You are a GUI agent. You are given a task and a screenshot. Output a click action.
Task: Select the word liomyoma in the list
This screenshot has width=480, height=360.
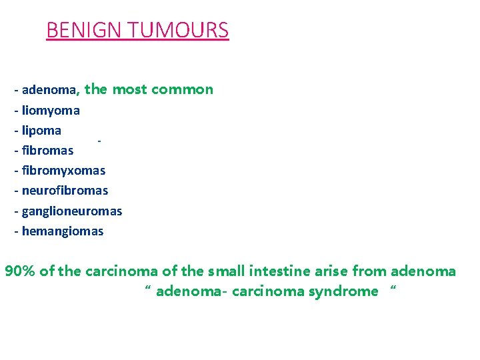[x=51, y=110]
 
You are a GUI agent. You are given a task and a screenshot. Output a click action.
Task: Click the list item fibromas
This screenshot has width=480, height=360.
[x=47, y=150]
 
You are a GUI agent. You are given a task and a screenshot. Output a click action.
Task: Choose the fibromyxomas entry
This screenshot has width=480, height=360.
[x=63, y=170]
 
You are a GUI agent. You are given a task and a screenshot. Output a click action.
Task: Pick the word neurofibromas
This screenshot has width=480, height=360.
[x=65, y=191]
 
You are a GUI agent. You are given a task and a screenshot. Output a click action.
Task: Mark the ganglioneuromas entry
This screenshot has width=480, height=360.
[x=72, y=211]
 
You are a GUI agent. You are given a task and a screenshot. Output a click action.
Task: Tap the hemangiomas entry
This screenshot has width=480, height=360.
[x=63, y=231]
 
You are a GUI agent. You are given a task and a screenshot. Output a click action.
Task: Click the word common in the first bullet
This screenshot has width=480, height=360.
[x=182, y=89]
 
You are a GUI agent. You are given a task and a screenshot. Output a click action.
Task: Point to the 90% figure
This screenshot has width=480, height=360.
[x=20, y=271]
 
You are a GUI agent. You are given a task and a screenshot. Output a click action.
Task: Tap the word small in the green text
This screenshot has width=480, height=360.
[x=227, y=271]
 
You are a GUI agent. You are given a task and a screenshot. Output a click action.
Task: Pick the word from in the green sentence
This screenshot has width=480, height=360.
[x=369, y=271]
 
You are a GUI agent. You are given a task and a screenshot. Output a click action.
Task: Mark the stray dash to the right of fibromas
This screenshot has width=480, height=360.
[x=99, y=141]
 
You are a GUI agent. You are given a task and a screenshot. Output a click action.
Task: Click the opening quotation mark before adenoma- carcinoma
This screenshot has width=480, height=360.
[x=147, y=289]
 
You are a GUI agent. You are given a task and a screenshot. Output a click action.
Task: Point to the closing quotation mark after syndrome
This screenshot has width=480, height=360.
[x=393, y=289]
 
